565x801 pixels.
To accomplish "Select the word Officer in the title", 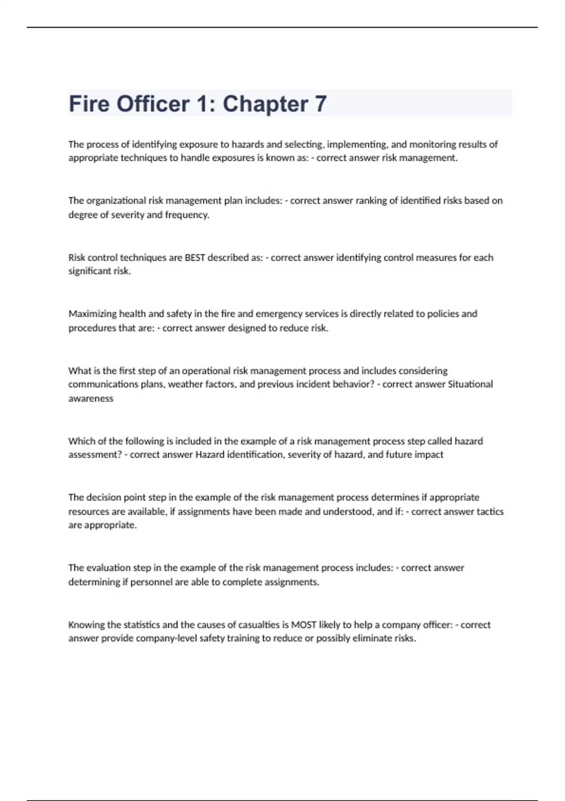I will (153, 104).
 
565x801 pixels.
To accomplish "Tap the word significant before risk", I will (89, 271).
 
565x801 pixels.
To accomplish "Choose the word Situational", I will (470, 384).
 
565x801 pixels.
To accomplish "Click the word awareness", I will (91, 399).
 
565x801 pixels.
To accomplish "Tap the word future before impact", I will (400, 455).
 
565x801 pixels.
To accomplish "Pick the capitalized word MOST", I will (303, 625).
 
